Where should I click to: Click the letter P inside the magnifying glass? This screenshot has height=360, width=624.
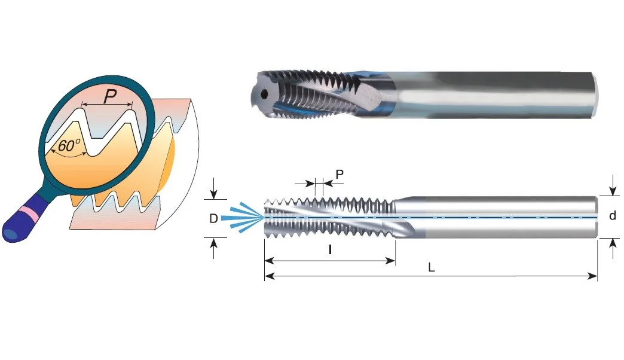tap(110, 96)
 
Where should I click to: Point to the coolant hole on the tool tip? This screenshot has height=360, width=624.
tap(264, 94)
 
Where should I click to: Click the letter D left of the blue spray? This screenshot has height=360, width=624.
tap(213, 218)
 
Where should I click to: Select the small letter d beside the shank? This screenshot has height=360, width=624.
tap(613, 215)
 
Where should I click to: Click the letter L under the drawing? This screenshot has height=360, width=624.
tap(431, 267)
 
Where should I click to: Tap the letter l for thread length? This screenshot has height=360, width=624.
tap(330, 250)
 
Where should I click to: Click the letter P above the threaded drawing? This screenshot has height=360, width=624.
tap(339, 174)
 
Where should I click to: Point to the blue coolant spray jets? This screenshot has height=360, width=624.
tap(243, 218)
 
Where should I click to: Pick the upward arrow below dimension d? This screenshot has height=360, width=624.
tap(613, 249)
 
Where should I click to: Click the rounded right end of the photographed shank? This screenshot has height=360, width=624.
tap(595, 94)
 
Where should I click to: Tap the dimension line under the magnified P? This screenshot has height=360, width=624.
tap(106, 105)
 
